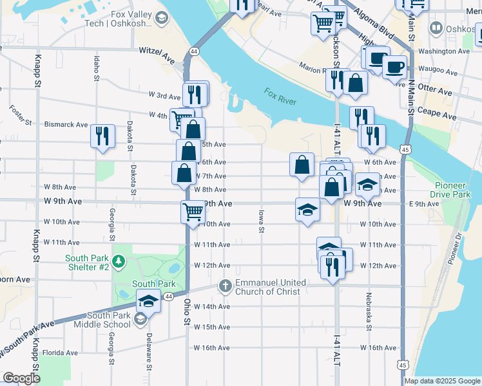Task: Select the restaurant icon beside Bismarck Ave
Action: [102, 136]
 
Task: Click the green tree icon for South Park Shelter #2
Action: [118, 261]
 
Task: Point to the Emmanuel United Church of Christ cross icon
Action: [225, 284]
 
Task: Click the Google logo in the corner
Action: [21, 378]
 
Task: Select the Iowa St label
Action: [262, 220]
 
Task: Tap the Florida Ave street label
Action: [60, 353]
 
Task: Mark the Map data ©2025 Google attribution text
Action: [441, 381]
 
